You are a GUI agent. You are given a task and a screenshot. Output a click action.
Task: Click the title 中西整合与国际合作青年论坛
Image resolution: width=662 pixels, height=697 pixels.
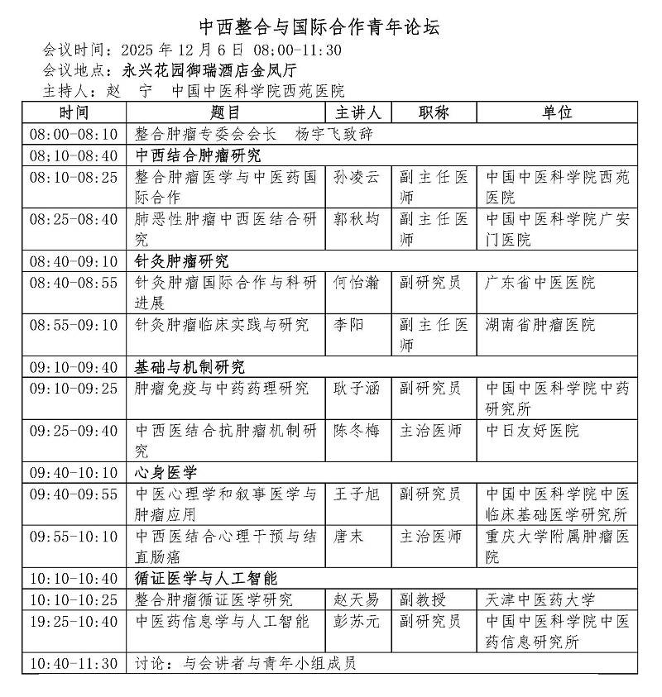331,26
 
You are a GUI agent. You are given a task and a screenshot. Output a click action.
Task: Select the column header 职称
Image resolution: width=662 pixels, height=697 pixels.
434,112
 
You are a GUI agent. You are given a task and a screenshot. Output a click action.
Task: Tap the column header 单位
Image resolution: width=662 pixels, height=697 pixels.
557,112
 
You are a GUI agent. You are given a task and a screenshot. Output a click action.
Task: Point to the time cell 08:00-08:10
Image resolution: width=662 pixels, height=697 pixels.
74,133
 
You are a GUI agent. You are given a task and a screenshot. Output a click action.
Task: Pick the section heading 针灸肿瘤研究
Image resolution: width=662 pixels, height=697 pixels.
182,262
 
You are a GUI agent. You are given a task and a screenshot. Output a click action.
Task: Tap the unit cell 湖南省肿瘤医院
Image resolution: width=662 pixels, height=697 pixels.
540,325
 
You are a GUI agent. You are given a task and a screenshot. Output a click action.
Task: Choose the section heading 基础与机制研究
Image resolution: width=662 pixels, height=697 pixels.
189,367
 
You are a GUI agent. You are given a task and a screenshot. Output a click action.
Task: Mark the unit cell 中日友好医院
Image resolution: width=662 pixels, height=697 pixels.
531,431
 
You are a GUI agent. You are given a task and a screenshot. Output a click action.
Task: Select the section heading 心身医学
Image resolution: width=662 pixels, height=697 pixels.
165,473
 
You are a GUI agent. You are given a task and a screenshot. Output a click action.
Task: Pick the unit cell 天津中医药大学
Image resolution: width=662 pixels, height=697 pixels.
540,599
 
